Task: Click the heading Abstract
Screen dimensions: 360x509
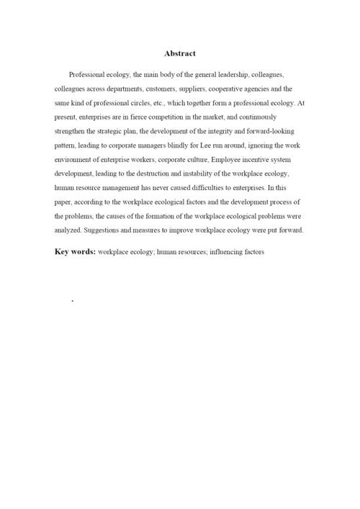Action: point(180,53)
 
